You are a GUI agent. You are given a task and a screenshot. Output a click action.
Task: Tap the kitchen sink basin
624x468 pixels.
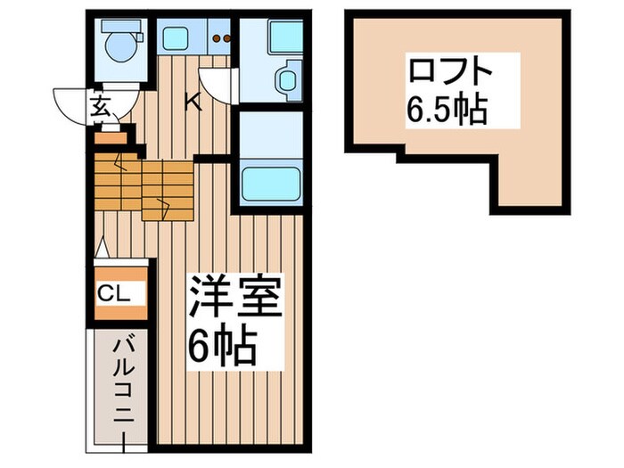click(174, 37)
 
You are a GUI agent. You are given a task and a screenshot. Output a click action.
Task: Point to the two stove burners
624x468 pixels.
click(220, 37)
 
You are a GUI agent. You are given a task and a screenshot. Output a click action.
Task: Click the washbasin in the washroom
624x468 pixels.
click(286, 80)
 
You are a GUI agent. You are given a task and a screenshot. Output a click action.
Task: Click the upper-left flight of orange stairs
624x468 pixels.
click(117, 179)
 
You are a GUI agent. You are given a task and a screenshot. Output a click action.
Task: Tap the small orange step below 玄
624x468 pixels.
click(111, 137)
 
